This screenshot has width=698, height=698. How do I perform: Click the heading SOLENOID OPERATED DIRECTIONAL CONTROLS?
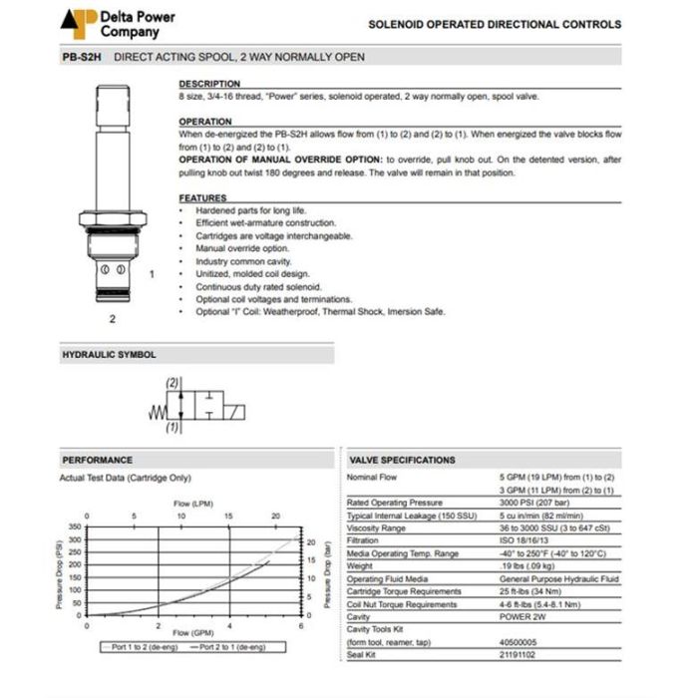coord(495,24)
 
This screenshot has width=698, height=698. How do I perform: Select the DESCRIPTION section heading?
coord(208,84)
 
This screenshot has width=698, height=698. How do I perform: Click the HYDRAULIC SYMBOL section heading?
coord(109,354)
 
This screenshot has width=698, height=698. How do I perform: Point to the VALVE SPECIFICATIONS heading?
coord(402,460)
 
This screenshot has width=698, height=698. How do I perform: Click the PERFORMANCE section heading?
coord(97,460)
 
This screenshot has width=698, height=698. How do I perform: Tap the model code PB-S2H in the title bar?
coord(83,57)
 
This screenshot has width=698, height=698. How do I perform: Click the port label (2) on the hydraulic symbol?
coord(172,383)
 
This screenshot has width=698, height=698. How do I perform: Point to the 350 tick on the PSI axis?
coord(74,527)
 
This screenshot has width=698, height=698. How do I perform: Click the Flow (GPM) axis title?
coord(194,633)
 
